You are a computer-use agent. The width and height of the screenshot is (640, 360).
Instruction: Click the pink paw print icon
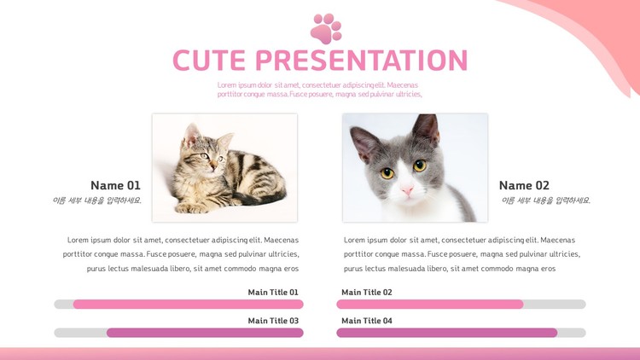[326, 28]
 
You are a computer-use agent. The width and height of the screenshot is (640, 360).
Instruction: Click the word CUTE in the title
[209, 61]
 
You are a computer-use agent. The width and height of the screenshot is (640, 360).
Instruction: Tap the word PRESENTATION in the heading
[361, 61]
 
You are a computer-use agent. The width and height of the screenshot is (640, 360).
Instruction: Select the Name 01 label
[115, 185]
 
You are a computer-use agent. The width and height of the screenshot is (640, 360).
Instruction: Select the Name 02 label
[524, 185]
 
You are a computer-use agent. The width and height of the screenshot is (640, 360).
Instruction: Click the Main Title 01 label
[273, 293]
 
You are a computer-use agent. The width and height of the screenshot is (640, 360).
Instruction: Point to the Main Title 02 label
[367, 293]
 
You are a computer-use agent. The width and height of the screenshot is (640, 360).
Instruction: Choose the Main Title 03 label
[273, 321]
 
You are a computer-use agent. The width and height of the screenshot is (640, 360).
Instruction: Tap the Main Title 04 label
[367, 321]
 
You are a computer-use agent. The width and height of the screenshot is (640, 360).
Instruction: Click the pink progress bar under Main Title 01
[189, 304]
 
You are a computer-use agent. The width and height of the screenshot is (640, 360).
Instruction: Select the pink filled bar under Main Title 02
[430, 304]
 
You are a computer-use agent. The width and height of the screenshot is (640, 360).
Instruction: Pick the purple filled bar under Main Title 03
[205, 333]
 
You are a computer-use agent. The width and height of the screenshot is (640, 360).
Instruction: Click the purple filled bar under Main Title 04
[447, 333]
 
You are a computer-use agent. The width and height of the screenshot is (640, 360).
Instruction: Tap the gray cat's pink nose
[407, 189]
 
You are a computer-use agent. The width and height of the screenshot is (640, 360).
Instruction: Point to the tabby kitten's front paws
[191, 208]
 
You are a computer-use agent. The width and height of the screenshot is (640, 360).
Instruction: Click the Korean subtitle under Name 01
[96, 200]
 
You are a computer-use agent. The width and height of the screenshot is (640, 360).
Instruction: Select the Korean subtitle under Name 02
[546, 200]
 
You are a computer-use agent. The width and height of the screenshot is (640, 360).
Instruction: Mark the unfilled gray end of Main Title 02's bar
[555, 304]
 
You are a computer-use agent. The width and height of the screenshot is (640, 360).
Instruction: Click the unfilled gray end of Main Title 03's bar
[80, 333]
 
